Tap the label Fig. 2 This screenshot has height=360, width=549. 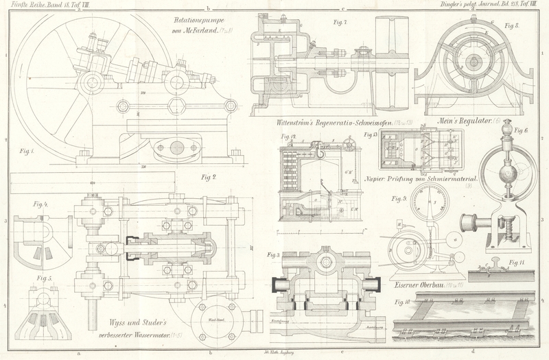208,178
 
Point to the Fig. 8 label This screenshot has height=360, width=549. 512,25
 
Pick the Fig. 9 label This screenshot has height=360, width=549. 399,199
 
